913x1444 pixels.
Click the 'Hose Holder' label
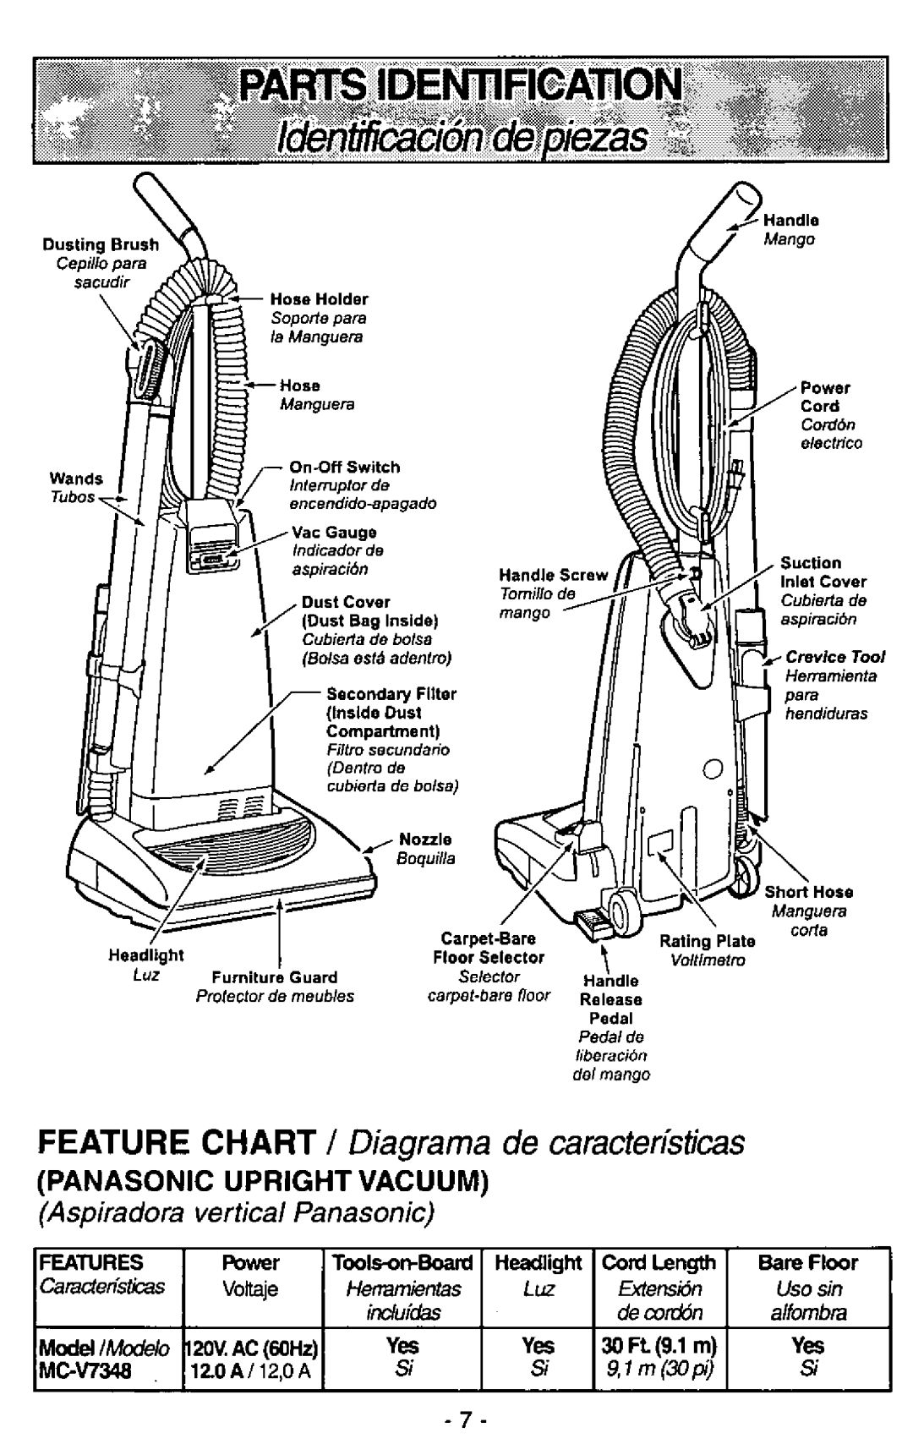tap(319, 299)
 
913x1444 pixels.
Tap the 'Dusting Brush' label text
tap(101, 245)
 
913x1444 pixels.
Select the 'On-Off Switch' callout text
tap(344, 467)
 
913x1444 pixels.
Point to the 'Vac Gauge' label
tap(334, 533)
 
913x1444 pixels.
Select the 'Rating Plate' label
tap(706, 941)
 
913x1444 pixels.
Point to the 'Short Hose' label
tap(808, 892)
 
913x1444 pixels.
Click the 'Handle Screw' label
tap(554, 576)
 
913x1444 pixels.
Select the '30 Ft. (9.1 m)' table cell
tap(655, 1344)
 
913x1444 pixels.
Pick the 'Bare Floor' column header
tap(807, 1263)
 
